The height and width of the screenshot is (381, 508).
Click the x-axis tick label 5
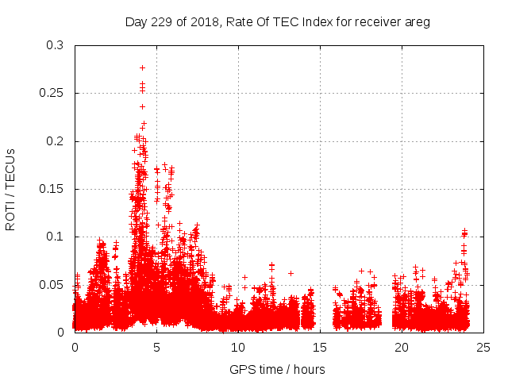coord(156,347)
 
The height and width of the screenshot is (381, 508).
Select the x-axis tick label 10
coord(238,347)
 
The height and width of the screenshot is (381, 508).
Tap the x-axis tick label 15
coord(320,347)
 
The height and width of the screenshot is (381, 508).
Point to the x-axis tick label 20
coord(402,347)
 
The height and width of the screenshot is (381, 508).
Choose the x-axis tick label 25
coord(483,347)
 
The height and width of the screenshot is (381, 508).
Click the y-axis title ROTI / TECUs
coord(11,189)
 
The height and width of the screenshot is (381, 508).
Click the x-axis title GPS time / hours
coord(277,369)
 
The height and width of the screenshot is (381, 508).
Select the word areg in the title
coord(416,22)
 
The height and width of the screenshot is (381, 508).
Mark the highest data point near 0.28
coord(142,67)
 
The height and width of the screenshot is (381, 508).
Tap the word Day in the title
coord(136,22)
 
